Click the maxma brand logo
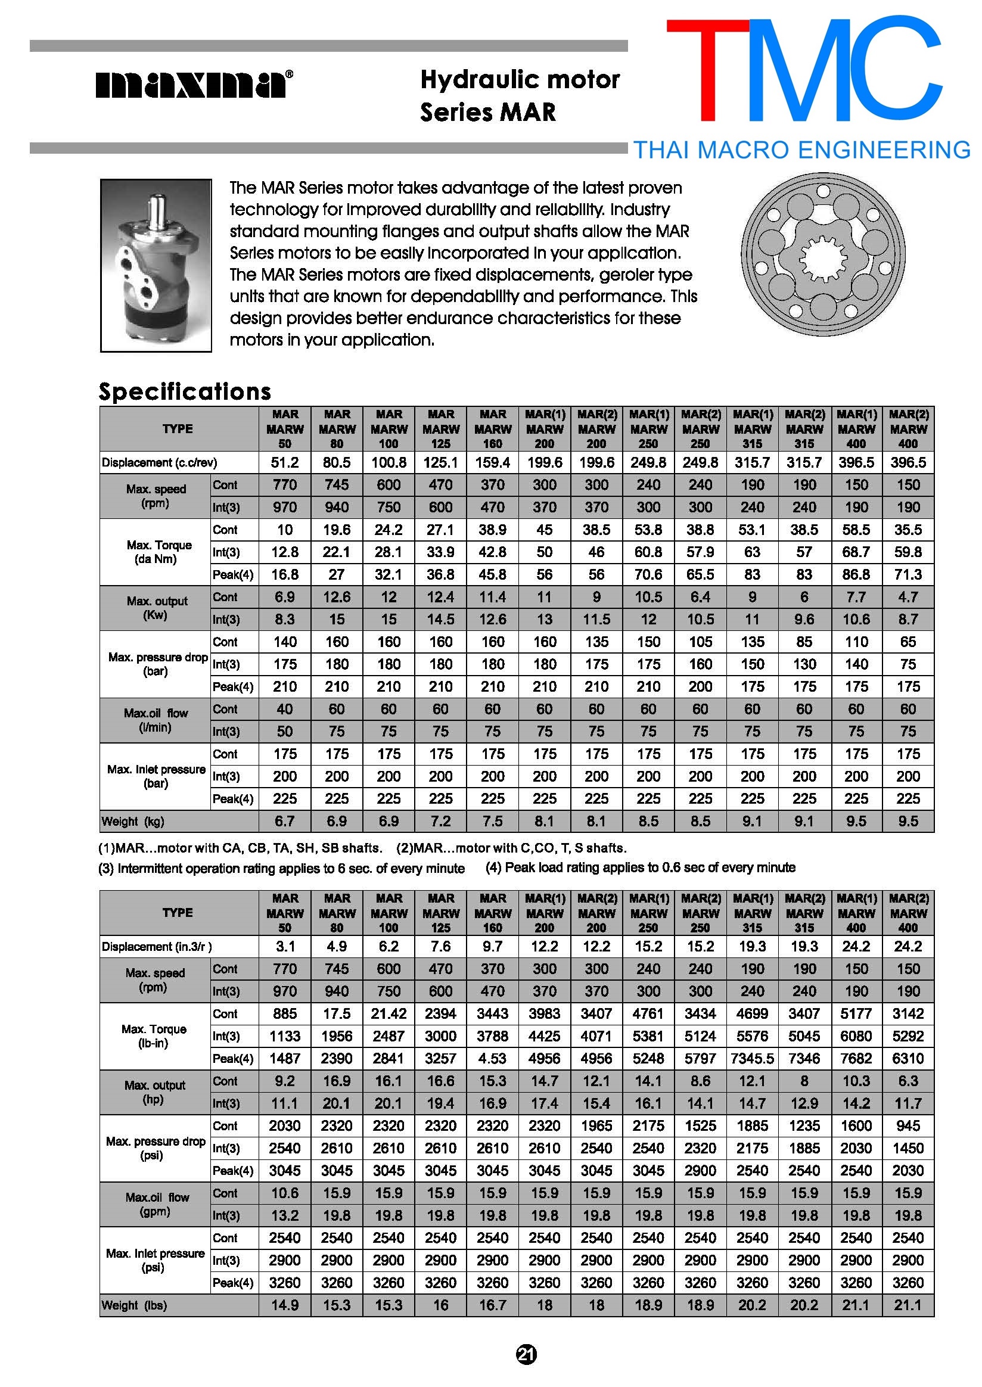coord(194,84)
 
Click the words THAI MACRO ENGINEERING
coord(802,150)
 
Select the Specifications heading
coord(185,392)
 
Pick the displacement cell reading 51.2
coord(285,462)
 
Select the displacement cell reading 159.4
coord(493,462)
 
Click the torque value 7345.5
coord(752,1059)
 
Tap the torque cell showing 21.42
coord(389,1014)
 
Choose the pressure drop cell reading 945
coord(908,1126)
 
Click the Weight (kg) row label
coord(133,821)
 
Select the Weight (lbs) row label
coord(134,1305)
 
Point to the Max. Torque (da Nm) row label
coord(159,552)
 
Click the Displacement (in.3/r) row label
coord(157,947)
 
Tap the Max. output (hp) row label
coord(156,1092)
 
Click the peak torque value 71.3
coord(908,574)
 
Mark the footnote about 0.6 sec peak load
coord(641,867)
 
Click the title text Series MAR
coord(488,113)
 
